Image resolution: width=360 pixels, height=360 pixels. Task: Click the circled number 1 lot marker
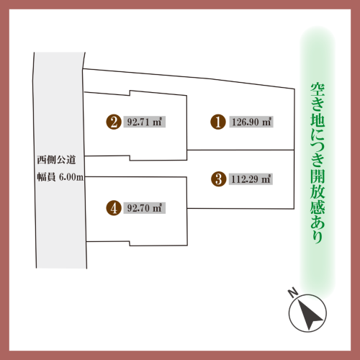[218, 122]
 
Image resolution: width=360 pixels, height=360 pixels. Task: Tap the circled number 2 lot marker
[114, 122]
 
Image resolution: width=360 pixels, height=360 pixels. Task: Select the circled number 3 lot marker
[218, 179]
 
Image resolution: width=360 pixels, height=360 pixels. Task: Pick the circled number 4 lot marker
[114, 208]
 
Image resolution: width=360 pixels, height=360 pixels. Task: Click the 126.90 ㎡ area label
[251, 122]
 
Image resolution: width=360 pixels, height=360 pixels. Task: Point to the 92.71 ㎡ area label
[145, 122]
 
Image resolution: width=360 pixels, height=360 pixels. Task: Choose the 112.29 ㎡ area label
[251, 179]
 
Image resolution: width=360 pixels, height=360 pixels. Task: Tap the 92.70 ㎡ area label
[145, 208]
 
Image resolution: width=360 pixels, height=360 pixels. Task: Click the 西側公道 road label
[56, 160]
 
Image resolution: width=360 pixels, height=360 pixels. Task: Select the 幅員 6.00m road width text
[60, 177]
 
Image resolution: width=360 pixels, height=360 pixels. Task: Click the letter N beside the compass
[293, 293]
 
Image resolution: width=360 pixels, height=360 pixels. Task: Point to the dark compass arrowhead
[309, 314]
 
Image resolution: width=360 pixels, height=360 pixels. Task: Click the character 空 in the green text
[318, 90]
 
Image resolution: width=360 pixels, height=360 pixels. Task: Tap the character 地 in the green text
[318, 120]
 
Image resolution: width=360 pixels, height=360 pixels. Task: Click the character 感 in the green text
[318, 206]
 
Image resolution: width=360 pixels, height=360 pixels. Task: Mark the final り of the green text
[318, 236]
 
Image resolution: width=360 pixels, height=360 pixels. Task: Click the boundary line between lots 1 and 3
[240, 150]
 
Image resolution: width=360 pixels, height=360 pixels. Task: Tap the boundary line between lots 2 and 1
[186, 127]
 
